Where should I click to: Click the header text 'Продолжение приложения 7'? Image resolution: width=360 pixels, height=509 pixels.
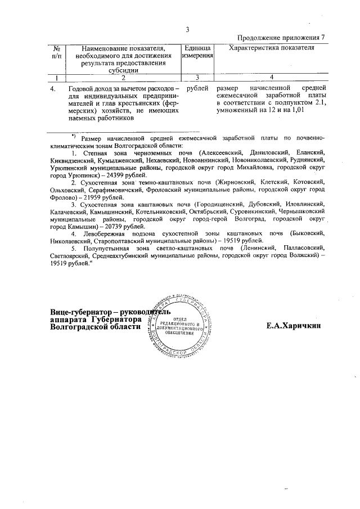(x=281, y=38)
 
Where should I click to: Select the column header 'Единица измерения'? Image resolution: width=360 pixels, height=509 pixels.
(x=197, y=52)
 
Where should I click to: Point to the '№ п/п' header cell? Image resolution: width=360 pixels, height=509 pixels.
(x=56, y=52)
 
